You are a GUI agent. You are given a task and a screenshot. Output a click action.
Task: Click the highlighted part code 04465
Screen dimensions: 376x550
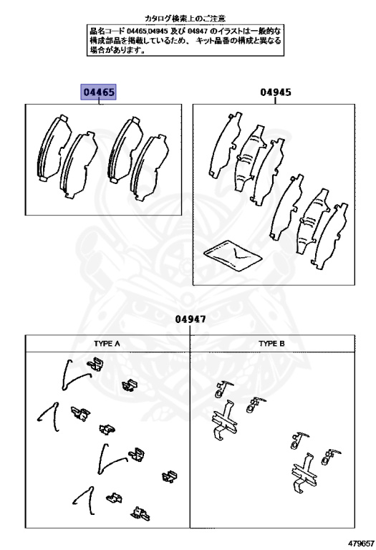[x=98, y=92]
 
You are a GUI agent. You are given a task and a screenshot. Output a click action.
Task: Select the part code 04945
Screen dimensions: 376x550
[x=275, y=92]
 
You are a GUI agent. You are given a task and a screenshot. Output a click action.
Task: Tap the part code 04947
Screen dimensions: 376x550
[x=191, y=319]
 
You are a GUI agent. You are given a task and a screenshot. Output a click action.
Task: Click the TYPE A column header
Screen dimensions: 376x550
[x=107, y=344]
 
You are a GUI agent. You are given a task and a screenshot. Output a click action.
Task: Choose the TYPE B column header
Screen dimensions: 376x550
[x=271, y=344]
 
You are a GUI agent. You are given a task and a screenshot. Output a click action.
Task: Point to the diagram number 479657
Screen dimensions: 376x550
[x=361, y=544]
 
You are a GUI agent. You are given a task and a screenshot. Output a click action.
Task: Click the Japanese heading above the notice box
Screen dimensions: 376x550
[x=185, y=18]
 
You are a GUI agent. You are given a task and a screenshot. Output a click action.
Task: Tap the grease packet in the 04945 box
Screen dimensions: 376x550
[x=233, y=256]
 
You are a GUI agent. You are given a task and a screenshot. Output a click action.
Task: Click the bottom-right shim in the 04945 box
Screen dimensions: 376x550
[x=332, y=236]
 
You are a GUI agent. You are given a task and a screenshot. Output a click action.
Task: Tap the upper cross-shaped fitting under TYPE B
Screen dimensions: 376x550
[x=224, y=420]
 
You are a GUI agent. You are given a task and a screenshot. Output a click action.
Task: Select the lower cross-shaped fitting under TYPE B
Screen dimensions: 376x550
[x=304, y=473]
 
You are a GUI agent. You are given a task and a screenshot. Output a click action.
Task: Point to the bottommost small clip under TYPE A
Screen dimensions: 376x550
[x=140, y=514]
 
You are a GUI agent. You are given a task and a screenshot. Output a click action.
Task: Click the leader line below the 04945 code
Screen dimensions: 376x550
[x=275, y=101]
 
